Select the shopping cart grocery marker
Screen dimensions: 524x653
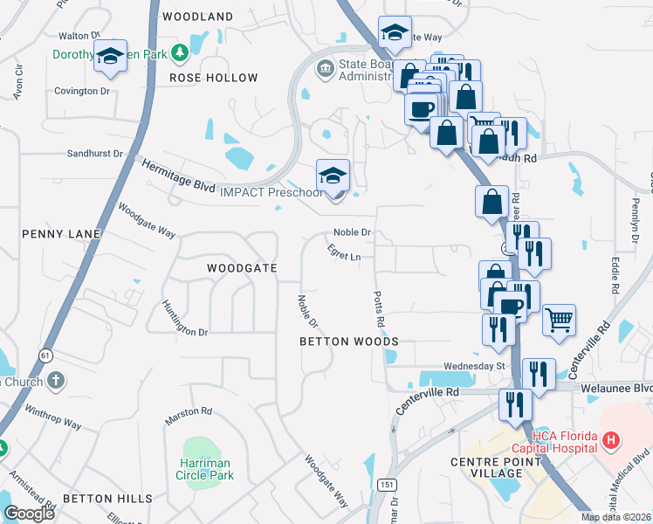tap(559, 319)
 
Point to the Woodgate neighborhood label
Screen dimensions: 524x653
tap(242, 267)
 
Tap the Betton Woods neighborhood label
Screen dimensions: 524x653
tap(348, 341)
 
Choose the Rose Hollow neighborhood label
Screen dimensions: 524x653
tap(214, 78)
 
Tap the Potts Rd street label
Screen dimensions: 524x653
tap(380, 310)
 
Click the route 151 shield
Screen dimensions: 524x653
tap(384, 484)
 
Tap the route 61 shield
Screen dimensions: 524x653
tap(45, 355)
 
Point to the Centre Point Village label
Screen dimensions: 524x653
tap(486, 467)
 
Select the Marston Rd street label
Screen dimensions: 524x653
tap(189, 410)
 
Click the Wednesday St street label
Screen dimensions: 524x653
tap(475, 366)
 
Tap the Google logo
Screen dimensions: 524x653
tap(30, 514)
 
